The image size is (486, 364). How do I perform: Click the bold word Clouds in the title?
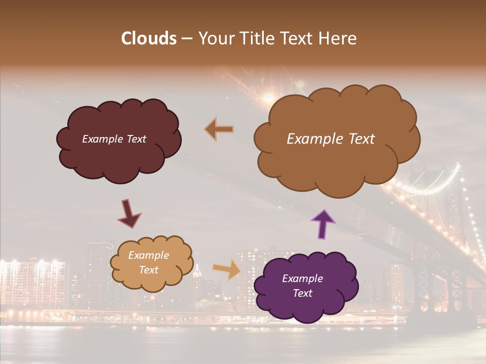click(x=149, y=38)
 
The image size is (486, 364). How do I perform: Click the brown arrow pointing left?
click(x=219, y=129)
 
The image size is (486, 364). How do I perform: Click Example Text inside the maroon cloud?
click(x=114, y=139)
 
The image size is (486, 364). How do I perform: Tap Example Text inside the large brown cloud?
click(x=331, y=139)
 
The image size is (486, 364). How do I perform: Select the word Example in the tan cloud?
click(x=148, y=255)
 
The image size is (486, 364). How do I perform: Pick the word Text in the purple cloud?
click(x=302, y=293)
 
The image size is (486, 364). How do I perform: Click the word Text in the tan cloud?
click(x=148, y=270)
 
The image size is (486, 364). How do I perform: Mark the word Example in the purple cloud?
click(x=302, y=279)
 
